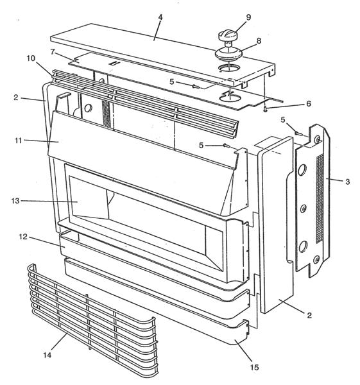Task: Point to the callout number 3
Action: [x=347, y=182]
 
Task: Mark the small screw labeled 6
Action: [x=264, y=109]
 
